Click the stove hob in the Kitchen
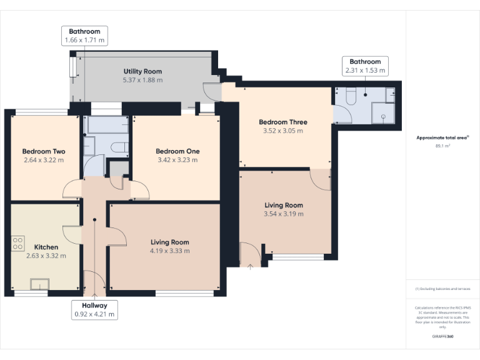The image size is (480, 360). click(x=17, y=243)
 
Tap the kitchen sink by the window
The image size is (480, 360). click(x=39, y=284)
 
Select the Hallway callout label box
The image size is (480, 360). click(x=94, y=310)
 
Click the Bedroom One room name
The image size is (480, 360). click(x=178, y=151)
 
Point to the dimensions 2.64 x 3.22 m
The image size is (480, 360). click(x=43, y=160)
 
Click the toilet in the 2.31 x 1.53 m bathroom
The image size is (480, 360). click(x=350, y=95)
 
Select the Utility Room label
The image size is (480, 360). click(x=142, y=72)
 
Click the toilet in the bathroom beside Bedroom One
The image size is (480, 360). click(x=118, y=147)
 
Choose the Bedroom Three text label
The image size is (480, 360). click(x=283, y=122)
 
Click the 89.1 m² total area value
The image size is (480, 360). click(x=442, y=146)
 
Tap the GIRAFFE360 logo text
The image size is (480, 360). click(x=442, y=336)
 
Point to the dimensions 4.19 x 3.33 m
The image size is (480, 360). click(x=169, y=251)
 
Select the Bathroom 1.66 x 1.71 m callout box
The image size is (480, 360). click(x=84, y=36)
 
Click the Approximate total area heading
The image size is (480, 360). click(x=442, y=137)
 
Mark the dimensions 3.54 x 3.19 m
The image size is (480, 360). click(x=284, y=214)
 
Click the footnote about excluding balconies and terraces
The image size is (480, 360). click(x=442, y=289)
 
